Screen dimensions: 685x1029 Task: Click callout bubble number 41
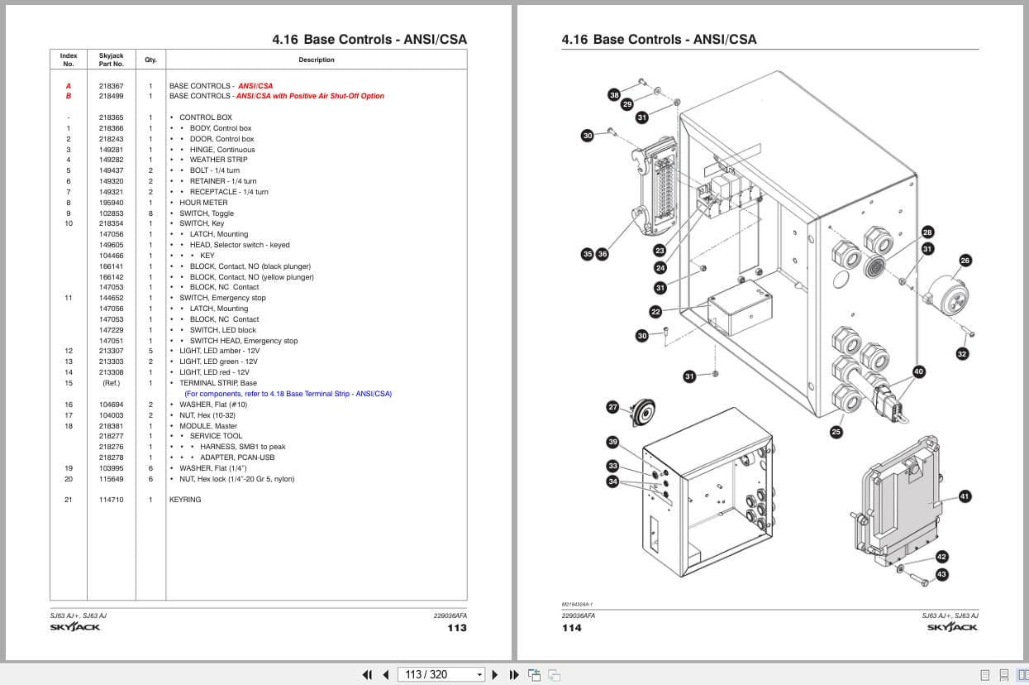click(965, 496)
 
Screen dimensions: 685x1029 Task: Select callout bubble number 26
click(965, 261)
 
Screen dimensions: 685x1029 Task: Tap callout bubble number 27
click(612, 407)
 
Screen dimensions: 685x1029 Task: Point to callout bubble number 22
click(655, 312)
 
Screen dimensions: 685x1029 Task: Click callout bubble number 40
click(918, 371)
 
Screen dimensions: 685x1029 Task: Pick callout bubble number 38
click(614, 95)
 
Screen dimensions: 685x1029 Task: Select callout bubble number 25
click(836, 431)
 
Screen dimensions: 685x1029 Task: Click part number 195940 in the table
click(111, 203)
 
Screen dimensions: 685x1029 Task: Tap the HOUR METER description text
click(203, 203)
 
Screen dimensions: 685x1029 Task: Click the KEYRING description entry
click(185, 500)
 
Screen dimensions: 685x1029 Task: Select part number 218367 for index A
click(111, 86)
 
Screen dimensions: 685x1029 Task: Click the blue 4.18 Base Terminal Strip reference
click(288, 394)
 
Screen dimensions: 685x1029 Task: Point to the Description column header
click(317, 60)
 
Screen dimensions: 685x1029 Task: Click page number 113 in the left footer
click(456, 628)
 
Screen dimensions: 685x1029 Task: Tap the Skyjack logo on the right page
click(952, 627)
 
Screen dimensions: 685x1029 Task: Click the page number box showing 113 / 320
click(441, 674)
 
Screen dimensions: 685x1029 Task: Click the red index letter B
click(69, 96)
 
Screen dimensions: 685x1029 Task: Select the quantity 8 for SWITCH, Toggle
click(150, 213)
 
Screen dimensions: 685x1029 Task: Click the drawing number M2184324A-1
click(577, 605)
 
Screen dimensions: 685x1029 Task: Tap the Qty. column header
click(150, 60)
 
